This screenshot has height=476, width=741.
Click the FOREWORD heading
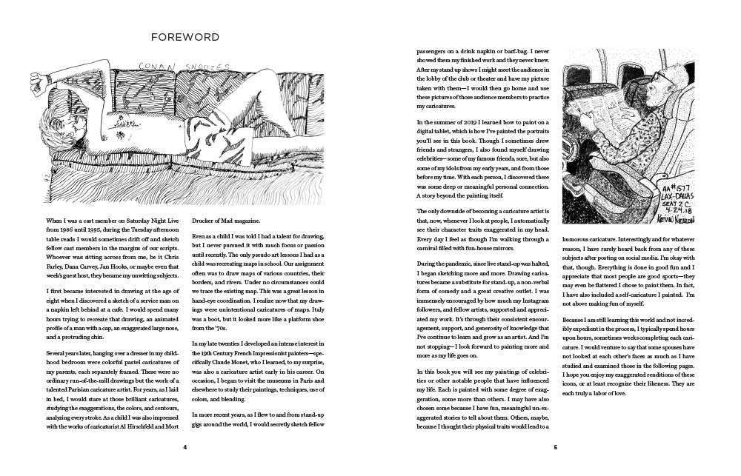coord(185,36)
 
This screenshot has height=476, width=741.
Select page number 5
coord(555,447)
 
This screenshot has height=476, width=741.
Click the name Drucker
coord(205,221)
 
